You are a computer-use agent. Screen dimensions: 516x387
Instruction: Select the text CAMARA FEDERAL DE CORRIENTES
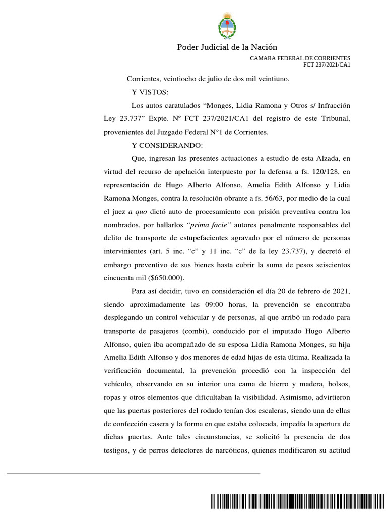(300, 58)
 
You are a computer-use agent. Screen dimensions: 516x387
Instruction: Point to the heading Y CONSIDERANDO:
(167, 146)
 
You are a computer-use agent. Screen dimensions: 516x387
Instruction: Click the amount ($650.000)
(167, 278)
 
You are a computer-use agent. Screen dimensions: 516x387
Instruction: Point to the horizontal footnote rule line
(134, 473)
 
